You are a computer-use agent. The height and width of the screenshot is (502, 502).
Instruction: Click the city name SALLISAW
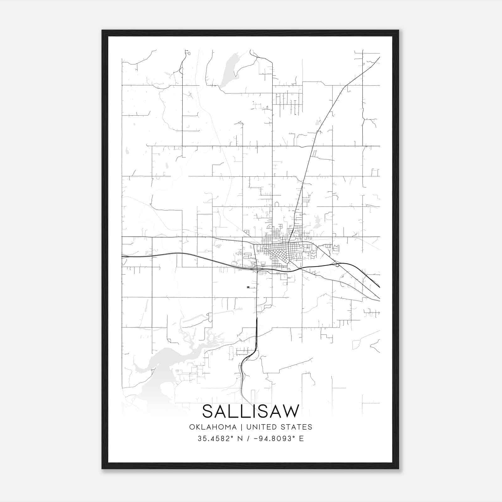(x=251, y=411)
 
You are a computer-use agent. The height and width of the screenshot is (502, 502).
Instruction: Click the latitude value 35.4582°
(x=212, y=439)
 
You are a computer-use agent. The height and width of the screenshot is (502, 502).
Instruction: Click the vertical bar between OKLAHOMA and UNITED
(x=242, y=427)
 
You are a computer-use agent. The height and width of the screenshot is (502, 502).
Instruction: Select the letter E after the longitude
(x=301, y=439)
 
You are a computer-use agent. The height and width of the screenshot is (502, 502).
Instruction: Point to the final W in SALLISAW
(x=290, y=411)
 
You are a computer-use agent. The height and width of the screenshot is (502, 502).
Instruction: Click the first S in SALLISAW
(x=209, y=411)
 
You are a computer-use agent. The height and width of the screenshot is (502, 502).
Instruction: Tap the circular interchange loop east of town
(x=337, y=265)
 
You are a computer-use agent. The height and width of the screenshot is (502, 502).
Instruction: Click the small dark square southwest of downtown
(x=248, y=287)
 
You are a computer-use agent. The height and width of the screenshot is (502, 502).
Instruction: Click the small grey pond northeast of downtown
(x=317, y=221)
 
